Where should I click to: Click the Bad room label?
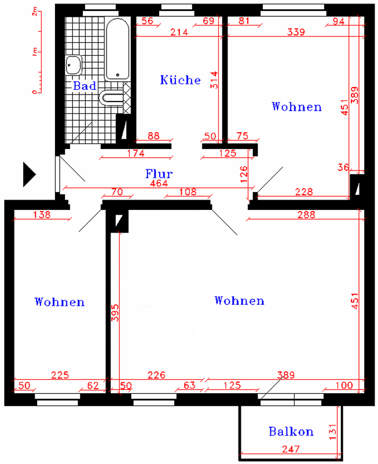pos(85,86)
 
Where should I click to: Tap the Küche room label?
pos(180,80)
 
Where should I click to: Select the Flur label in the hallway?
pos(159,173)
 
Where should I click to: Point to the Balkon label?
pos(291,432)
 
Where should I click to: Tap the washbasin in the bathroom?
pos(74,65)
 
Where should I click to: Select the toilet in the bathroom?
pos(112,97)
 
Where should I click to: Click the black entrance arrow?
pos(30,175)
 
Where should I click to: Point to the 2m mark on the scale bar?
pos(35,12)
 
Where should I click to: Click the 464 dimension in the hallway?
pos(159,183)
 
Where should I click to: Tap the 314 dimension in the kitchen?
pos(214,80)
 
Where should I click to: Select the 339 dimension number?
pos(296,32)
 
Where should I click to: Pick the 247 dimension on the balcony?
pos(291,449)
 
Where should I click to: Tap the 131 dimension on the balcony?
pos(332,432)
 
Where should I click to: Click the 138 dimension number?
pos(42,215)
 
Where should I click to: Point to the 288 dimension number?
pos(306,215)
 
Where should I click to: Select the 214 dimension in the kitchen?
pos(179,32)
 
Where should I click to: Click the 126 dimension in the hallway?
pos(244,175)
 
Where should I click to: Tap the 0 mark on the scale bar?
pos(35,92)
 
